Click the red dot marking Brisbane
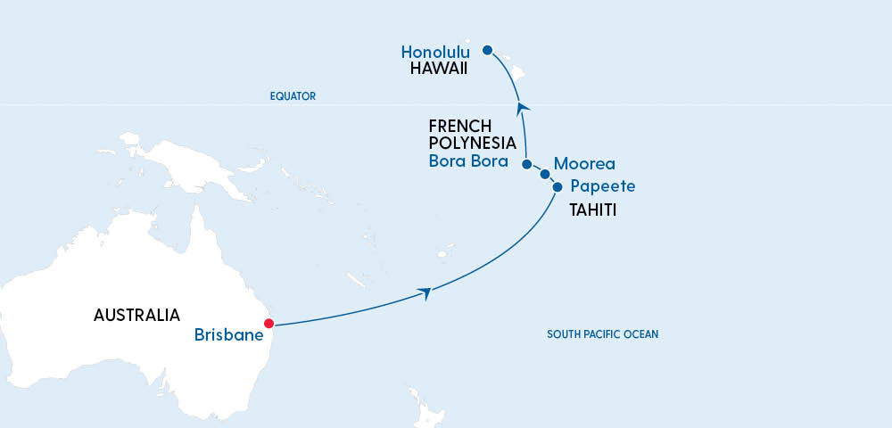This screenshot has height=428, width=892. [x=267, y=324]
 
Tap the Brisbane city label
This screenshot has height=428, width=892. [x=228, y=336]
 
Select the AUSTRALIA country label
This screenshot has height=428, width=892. [x=137, y=315]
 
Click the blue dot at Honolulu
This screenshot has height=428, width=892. [x=487, y=50]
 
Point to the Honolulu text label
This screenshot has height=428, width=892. [x=435, y=53]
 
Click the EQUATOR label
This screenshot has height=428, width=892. [x=293, y=96]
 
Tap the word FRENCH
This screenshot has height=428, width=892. [x=460, y=127]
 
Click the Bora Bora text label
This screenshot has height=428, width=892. [x=468, y=161]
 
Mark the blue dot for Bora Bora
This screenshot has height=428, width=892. [x=527, y=165]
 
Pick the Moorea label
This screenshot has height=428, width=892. [x=584, y=164]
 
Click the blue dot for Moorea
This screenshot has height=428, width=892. [x=545, y=175]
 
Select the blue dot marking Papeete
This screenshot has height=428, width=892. [x=557, y=187]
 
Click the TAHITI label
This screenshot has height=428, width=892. [x=593, y=211]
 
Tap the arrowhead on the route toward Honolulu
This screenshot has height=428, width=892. [x=522, y=107]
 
